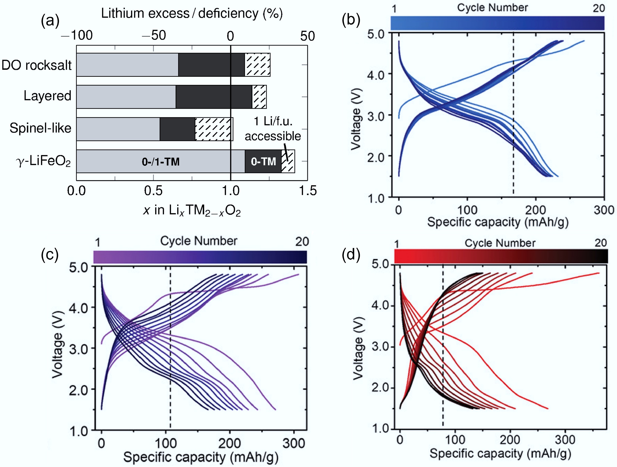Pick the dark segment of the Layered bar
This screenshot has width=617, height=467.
[214, 97]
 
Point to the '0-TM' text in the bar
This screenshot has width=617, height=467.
[263, 161]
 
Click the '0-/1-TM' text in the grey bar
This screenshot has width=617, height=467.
[160, 162]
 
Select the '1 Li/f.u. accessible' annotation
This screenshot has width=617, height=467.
[273, 129]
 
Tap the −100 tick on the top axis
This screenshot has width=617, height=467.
[77, 36]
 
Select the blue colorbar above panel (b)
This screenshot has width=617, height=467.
[497, 23]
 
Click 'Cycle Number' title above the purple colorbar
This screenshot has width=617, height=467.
[199, 241]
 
